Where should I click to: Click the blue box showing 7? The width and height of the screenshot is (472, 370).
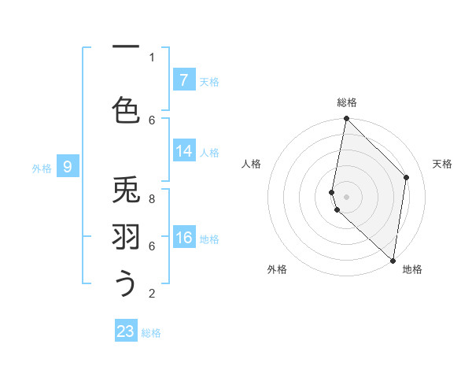point(183,80)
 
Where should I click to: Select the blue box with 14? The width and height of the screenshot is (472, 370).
point(183,151)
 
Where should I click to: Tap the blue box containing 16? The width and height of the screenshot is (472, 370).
point(183,238)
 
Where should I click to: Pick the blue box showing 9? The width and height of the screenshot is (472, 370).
point(68,166)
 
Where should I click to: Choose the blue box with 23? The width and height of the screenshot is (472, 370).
point(126,331)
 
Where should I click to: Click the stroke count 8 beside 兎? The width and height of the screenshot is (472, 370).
point(152,199)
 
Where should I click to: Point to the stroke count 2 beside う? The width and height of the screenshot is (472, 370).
point(152,294)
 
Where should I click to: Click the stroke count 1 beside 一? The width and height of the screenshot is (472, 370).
point(152,57)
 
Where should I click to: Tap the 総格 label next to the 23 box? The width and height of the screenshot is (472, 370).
point(151,333)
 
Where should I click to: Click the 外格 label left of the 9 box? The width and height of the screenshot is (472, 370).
point(42,168)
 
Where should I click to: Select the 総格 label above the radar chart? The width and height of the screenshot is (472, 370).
point(346,102)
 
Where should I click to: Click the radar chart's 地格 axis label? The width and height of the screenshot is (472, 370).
point(412,269)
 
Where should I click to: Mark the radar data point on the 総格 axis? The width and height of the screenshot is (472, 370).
point(346,119)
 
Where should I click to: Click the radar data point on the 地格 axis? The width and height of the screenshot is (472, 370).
point(393,261)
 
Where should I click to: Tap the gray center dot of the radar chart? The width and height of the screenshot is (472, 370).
point(346,196)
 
